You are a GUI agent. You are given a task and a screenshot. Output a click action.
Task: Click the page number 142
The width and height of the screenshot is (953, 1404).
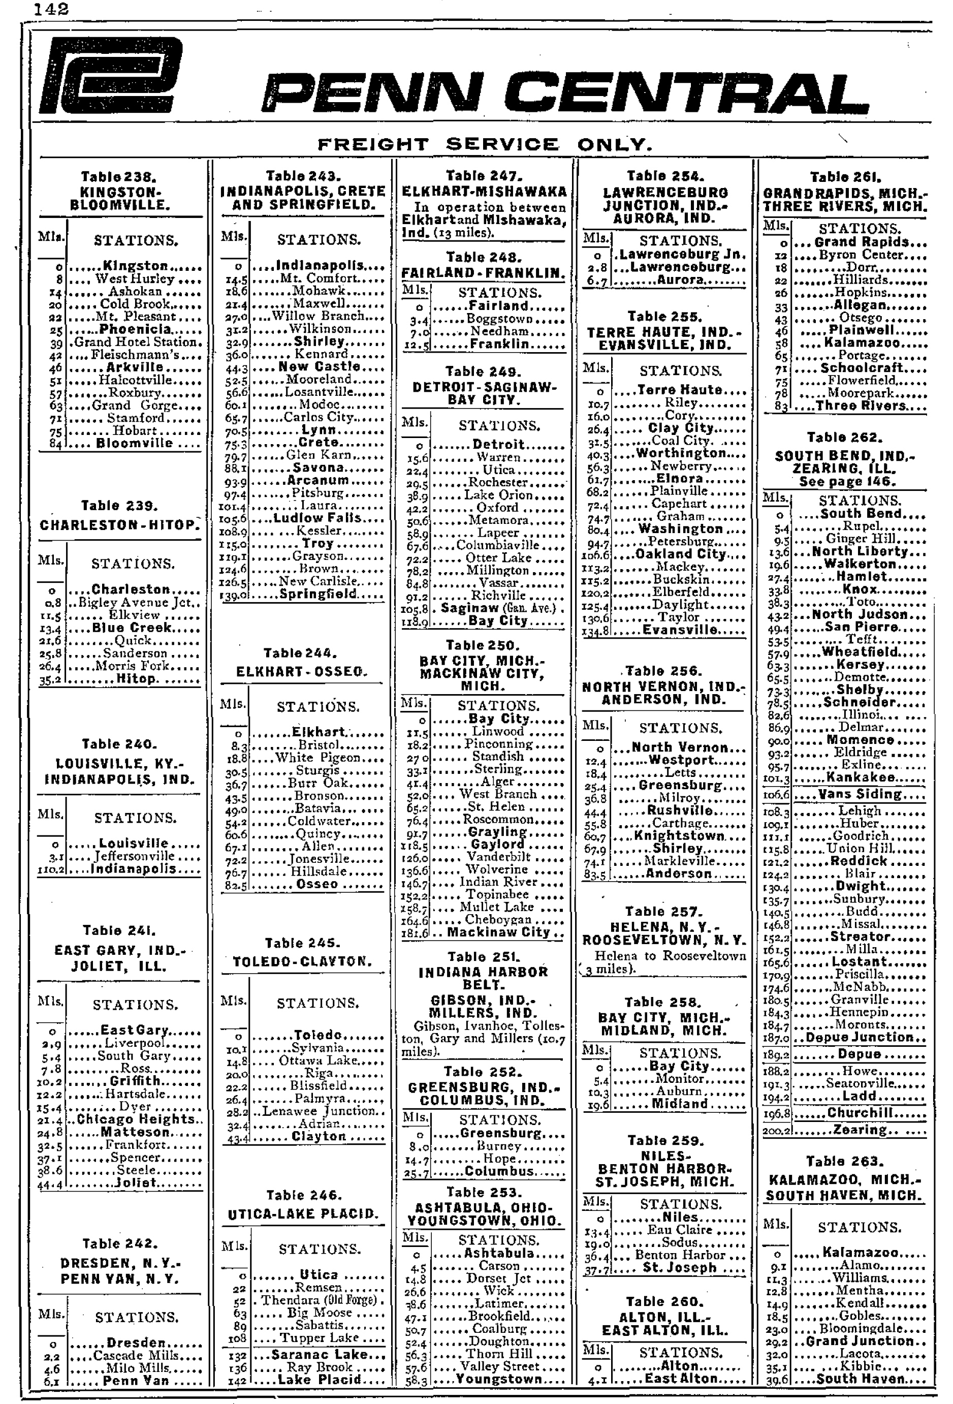[x=51, y=9]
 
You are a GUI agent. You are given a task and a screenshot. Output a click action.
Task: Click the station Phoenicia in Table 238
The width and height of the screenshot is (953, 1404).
[x=135, y=329]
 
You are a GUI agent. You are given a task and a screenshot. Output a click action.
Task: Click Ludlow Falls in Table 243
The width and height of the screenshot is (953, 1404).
[x=317, y=518]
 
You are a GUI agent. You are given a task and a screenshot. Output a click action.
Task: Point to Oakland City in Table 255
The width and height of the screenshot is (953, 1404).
[x=680, y=554]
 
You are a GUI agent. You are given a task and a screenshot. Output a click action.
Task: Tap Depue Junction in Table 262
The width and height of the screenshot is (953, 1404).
[x=860, y=1037]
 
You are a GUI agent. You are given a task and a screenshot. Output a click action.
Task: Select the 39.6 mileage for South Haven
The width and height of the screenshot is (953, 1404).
[x=777, y=1379]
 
